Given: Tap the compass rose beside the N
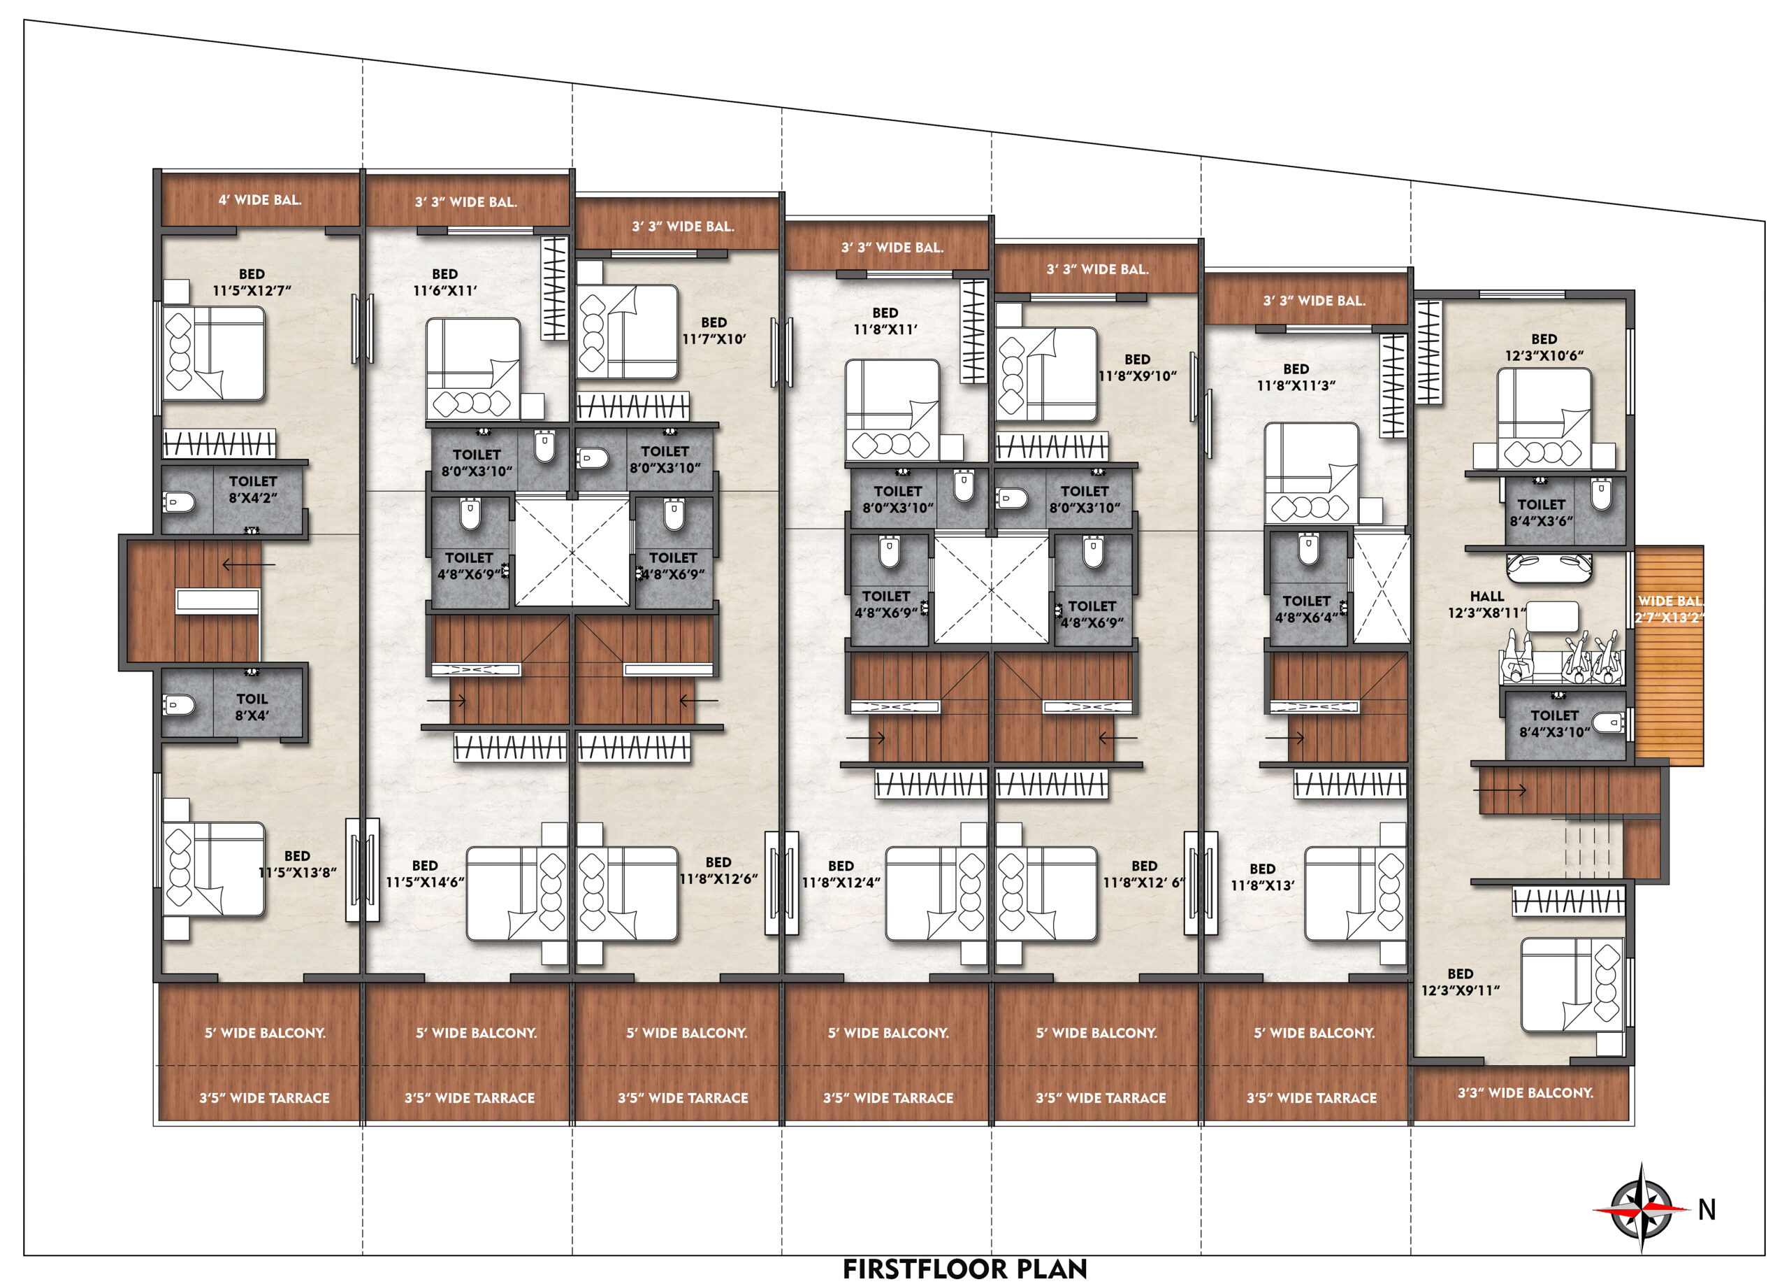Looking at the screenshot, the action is [1642, 1208].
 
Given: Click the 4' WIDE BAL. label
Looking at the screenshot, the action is [260, 199].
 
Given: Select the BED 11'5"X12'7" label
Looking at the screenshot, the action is [252, 283].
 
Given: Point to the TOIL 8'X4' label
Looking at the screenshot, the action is [252, 707].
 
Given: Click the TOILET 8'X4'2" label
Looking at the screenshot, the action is [252, 490].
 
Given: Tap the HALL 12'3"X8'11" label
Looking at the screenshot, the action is [1486, 604].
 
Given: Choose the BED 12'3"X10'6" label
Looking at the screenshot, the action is [1544, 348].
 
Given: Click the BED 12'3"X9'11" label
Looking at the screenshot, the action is [1460, 982].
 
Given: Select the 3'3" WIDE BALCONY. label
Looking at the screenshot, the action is [1525, 1093].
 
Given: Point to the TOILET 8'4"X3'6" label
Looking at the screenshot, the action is [1542, 512].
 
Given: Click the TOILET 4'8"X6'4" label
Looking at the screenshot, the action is [1306, 609].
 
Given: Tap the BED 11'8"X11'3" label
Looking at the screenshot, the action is [1296, 377].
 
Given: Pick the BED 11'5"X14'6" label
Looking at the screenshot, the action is [424, 873].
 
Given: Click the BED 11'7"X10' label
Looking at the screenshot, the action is [714, 331].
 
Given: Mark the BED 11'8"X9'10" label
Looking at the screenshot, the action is [1137, 368].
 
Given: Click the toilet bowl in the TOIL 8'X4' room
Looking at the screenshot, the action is [179, 705].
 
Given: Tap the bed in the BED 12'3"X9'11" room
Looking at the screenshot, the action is [1572, 985].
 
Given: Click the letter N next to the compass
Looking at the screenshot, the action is [1706, 1210].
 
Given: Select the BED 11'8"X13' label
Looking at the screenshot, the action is [1262, 877].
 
